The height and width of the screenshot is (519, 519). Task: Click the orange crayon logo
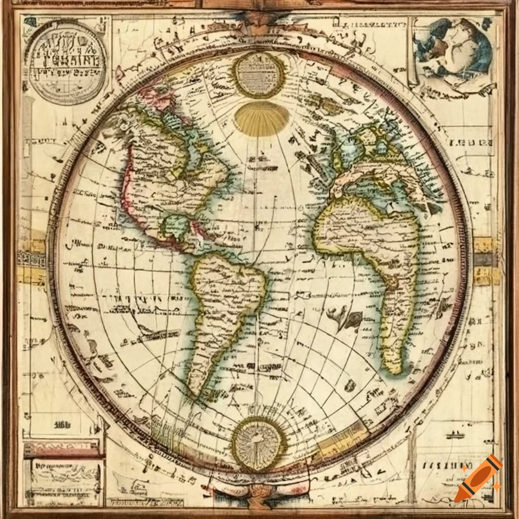click(478, 478)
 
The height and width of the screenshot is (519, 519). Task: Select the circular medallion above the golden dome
click(259, 75)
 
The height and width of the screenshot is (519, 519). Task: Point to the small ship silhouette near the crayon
click(455, 435)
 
